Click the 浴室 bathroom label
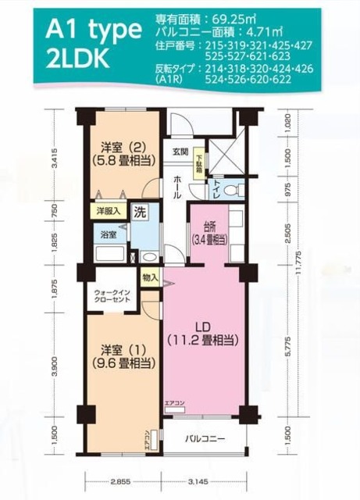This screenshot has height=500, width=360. [106, 234]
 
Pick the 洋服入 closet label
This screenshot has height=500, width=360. [107, 211]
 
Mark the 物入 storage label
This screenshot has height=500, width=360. [151, 276]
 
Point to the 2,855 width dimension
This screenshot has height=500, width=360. [119, 482]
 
